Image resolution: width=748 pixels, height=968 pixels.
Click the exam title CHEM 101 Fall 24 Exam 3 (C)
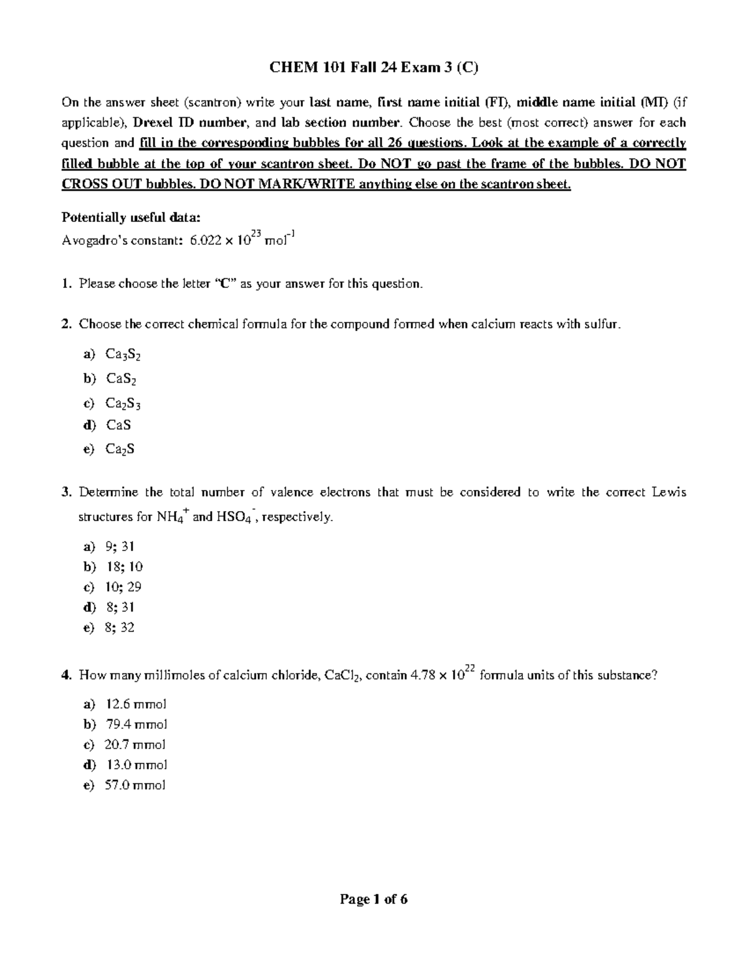click(x=373, y=68)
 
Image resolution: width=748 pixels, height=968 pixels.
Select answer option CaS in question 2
click(x=118, y=425)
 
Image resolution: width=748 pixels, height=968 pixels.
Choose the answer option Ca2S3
click(x=123, y=404)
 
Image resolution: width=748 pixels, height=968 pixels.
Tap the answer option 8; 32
click(x=120, y=627)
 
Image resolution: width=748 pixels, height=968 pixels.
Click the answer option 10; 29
click(x=123, y=587)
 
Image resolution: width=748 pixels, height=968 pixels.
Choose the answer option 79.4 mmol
click(x=136, y=724)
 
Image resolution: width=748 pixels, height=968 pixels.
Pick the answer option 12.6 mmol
click(x=136, y=704)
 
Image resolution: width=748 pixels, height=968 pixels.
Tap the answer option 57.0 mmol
click(x=136, y=785)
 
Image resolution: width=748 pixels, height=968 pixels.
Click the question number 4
click(x=66, y=676)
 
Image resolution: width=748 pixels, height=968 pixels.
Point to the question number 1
click(x=66, y=284)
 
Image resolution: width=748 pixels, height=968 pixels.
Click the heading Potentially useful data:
click(x=131, y=217)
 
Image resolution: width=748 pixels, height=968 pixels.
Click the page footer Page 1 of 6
click(x=373, y=899)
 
